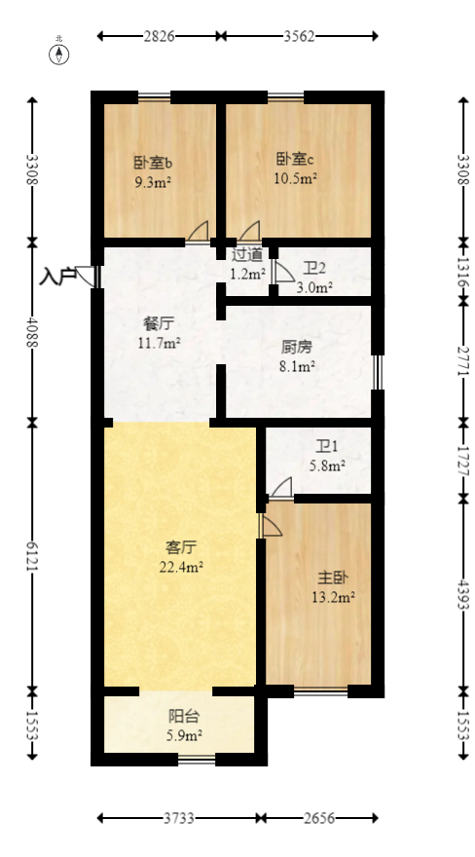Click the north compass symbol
[60, 53]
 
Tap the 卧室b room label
[154, 163]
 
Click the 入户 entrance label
[57, 277]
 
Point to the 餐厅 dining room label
[158, 324]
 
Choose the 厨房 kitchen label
[297, 347]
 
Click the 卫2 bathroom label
[314, 270]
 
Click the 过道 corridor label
[247, 255]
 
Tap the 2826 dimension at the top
[159, 36]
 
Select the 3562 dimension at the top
[300, 36]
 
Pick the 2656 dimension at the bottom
[317, 817]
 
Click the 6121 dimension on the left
[33, 555]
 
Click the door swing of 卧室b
[198, 231]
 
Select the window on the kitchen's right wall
[378, 371]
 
